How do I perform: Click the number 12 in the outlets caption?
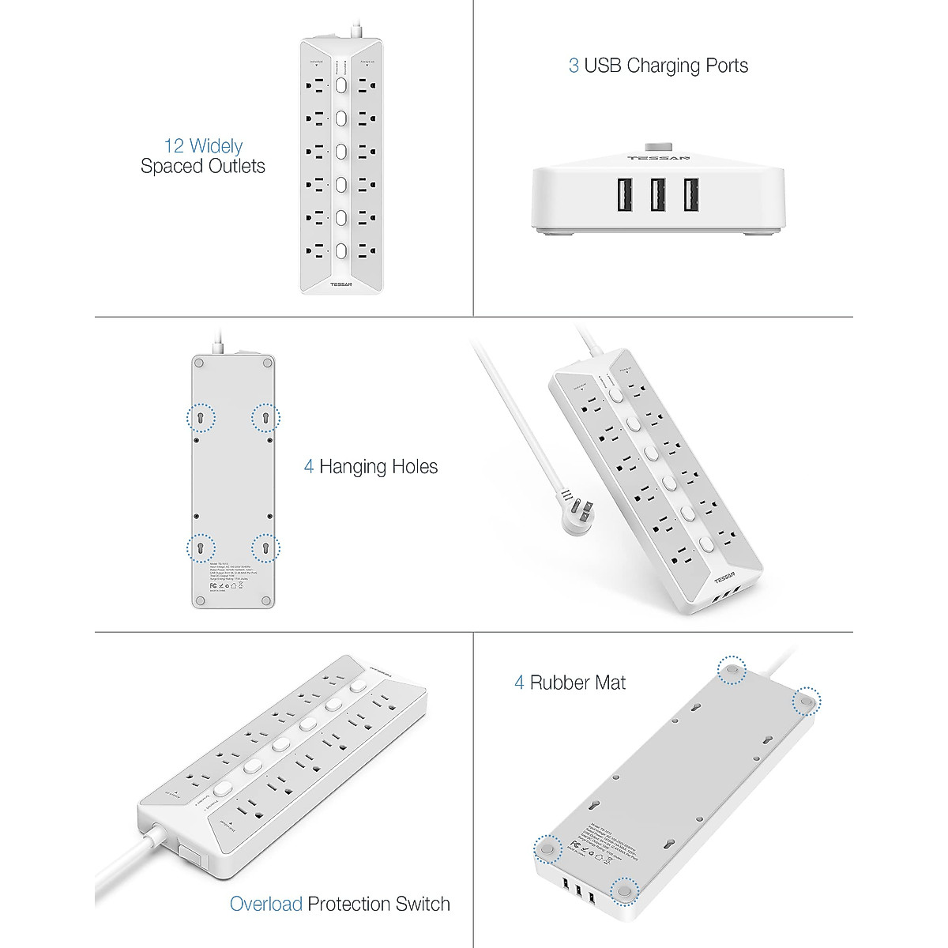175,146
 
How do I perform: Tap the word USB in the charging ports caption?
603,66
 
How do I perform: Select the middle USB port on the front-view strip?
657,195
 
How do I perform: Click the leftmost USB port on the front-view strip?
623,195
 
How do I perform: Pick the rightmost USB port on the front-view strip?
690,195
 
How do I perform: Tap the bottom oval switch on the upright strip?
341,251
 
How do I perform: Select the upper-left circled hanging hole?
200,417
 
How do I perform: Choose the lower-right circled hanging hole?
265,547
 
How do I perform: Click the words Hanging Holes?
378,467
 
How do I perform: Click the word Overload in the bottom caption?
265,904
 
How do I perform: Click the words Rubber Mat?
577,683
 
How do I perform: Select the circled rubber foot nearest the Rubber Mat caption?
732,670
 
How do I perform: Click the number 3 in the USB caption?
574,66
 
